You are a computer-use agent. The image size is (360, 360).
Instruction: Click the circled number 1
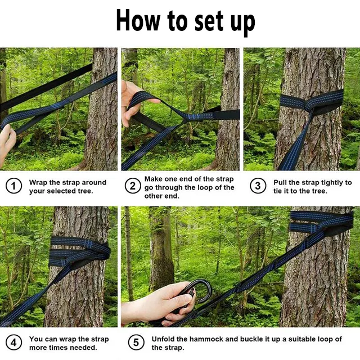point(13,186)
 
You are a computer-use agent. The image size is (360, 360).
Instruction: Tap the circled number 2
point(133,186)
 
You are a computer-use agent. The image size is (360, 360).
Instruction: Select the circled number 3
point(258,186)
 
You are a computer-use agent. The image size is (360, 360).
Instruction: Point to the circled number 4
point(13,343)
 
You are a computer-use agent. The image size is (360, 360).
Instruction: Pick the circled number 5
point(136,343)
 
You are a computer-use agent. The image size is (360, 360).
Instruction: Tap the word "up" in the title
point(242,23)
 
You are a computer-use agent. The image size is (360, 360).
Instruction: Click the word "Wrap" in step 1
point(38,183)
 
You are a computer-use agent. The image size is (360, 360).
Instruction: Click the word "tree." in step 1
point(85,191)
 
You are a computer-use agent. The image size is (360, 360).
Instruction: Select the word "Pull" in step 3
point(280,183)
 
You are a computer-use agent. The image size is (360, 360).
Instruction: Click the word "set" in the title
point(209,21)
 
